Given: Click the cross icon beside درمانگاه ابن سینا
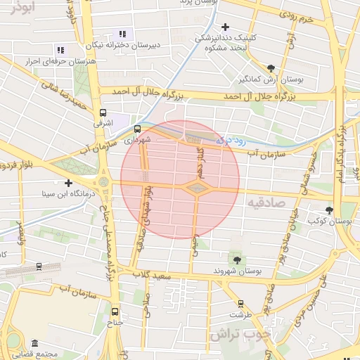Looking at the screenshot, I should (x=68, y=183).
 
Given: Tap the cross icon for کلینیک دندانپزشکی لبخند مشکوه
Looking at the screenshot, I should (x=224, y=27).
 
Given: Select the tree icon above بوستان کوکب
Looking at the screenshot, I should (x=329, y=210).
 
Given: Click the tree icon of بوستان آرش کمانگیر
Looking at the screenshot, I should (x=271, y=68).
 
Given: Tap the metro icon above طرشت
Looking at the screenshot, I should (x=241, y=304).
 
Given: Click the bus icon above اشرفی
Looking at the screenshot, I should (x=103, y=112).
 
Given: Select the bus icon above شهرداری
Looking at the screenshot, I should (x=136, y=129).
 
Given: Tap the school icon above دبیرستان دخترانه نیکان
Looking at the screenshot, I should (x=124, y=33).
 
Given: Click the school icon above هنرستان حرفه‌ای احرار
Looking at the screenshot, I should (x=60, y=50).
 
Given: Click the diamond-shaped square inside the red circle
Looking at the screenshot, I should (x=196, y=188).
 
